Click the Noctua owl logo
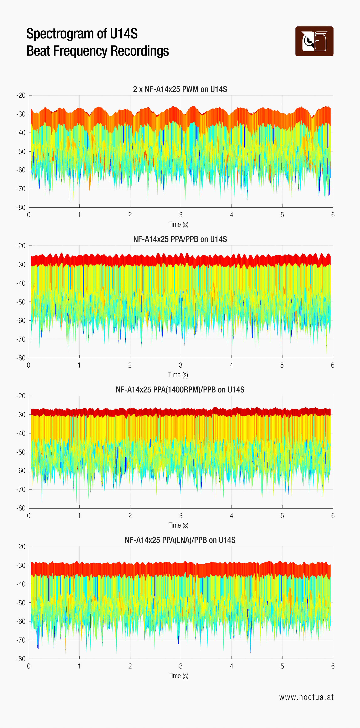pos(314,41)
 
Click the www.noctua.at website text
pos(306,697)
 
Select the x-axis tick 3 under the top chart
pos(181,215)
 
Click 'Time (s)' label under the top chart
pos(178,224)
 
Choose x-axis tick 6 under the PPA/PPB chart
pos(333,365)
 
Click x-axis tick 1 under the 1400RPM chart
pos(79,515)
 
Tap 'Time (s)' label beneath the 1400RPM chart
pos(178,525)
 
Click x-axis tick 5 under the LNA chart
pos(282,666)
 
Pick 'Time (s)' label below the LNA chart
pos(178,675)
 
